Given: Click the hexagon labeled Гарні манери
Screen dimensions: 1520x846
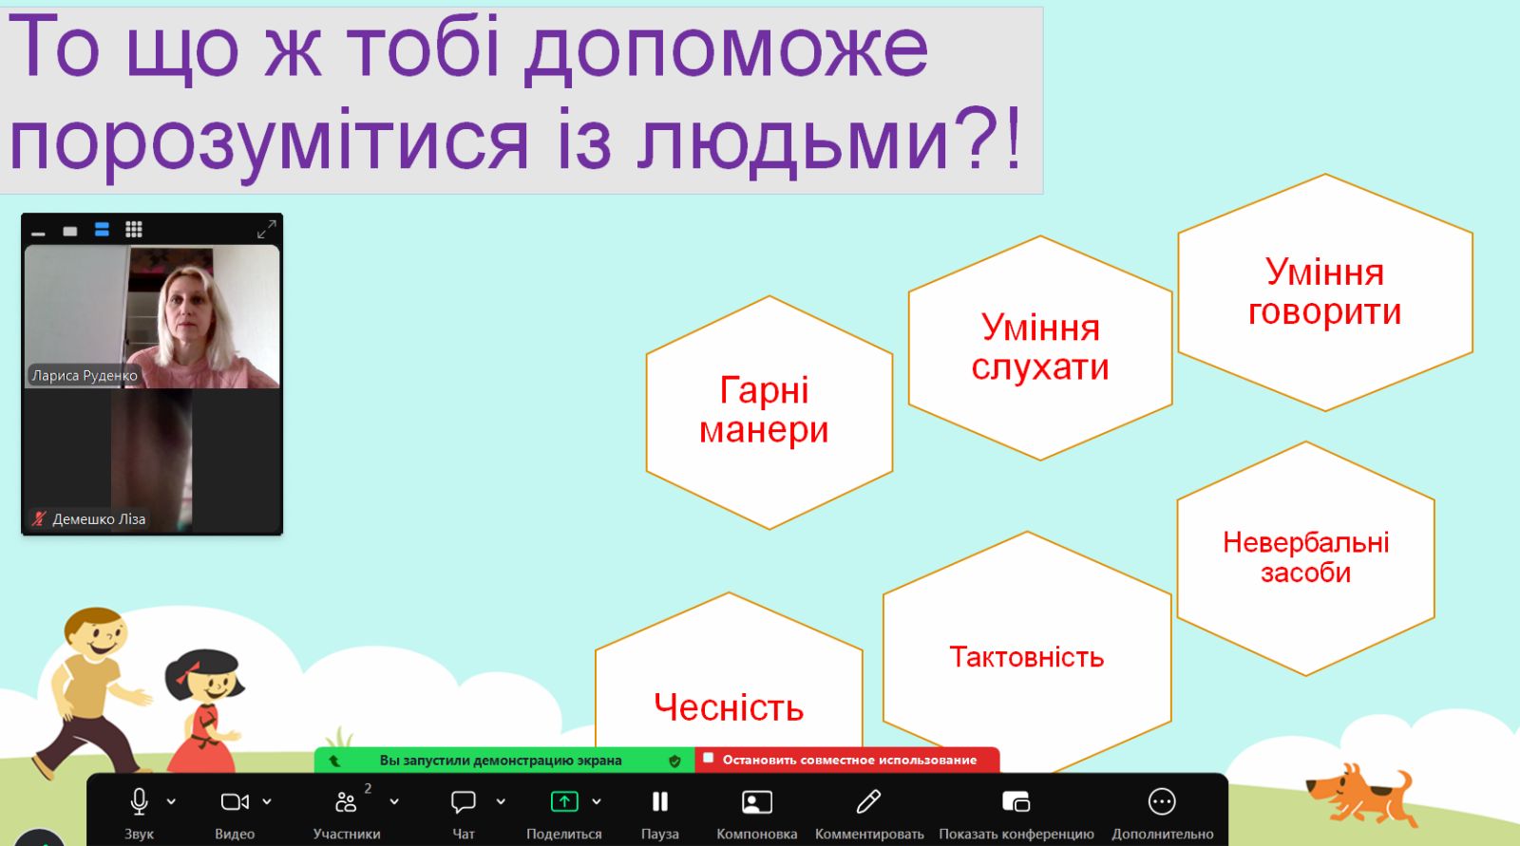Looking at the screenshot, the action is [x=769, y=412].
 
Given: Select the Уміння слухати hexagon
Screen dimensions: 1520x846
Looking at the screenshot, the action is [x=1040, y=348].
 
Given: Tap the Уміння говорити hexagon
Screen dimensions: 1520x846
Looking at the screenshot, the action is [x=1325, y=292].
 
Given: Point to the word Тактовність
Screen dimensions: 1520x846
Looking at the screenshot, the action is [x=1027, y=657].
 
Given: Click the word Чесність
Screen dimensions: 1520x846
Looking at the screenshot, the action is [x=729, y=707].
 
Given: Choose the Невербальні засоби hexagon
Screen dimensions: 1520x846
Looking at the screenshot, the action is [x=1305, y=558].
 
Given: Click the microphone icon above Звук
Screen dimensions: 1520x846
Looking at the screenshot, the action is [x=139, y=802].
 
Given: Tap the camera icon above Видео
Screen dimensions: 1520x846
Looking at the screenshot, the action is [x=235, y=802].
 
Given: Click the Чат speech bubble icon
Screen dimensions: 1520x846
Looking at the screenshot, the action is [x=463, y=802].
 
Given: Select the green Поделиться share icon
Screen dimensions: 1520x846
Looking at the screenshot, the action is [x=564, y=802].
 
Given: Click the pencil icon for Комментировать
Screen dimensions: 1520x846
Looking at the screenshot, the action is [x=868, y=801].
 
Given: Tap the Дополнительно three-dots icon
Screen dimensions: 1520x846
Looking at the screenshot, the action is [x=1162, y=802].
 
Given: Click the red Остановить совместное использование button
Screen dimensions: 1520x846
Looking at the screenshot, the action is [x=846, y=760].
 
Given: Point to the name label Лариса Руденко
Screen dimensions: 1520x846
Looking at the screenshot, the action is [x=85, y=375].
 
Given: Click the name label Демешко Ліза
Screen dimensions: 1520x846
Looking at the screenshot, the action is [x=99, y=519].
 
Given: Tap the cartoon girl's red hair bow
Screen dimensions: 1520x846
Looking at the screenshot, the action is [x=187, y=671].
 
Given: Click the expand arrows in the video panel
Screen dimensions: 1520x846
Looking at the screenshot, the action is [x=267, y=230].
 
